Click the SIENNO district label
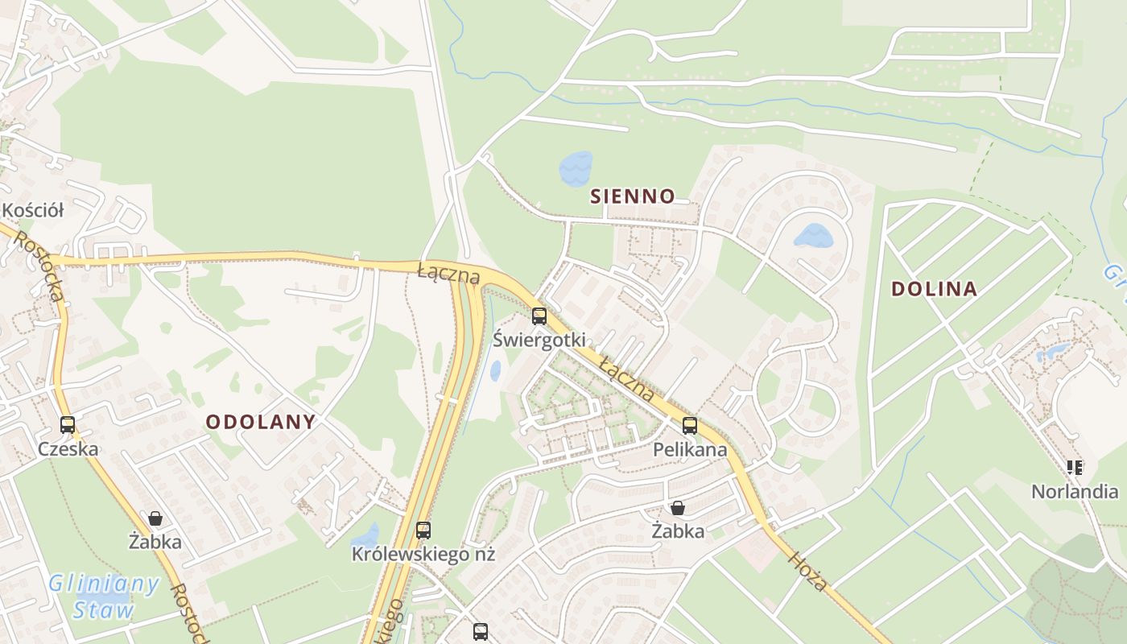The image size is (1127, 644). [632, 196]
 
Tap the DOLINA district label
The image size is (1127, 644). [934, 289]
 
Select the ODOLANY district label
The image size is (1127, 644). [261, 422]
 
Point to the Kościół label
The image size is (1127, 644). [32, 210]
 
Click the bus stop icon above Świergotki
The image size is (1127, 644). [539, 316]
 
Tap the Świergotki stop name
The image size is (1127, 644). [539, 340]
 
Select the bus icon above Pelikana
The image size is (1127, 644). [690, 426]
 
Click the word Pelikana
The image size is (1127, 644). [690, 449]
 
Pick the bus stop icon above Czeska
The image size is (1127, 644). [68, 425]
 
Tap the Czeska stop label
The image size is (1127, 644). [68, 448]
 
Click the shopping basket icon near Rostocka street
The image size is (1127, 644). [155, 518]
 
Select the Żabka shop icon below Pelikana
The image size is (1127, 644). [678, 508]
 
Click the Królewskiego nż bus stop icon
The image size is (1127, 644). [423, 530]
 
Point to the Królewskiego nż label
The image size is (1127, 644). [423, 554]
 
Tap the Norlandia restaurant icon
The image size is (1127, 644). [1074, 467]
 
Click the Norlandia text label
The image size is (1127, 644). [1075, 490]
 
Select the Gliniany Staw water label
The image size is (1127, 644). [103, 597]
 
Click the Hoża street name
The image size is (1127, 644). [807, 572]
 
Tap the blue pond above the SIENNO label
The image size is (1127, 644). [576, 168]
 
